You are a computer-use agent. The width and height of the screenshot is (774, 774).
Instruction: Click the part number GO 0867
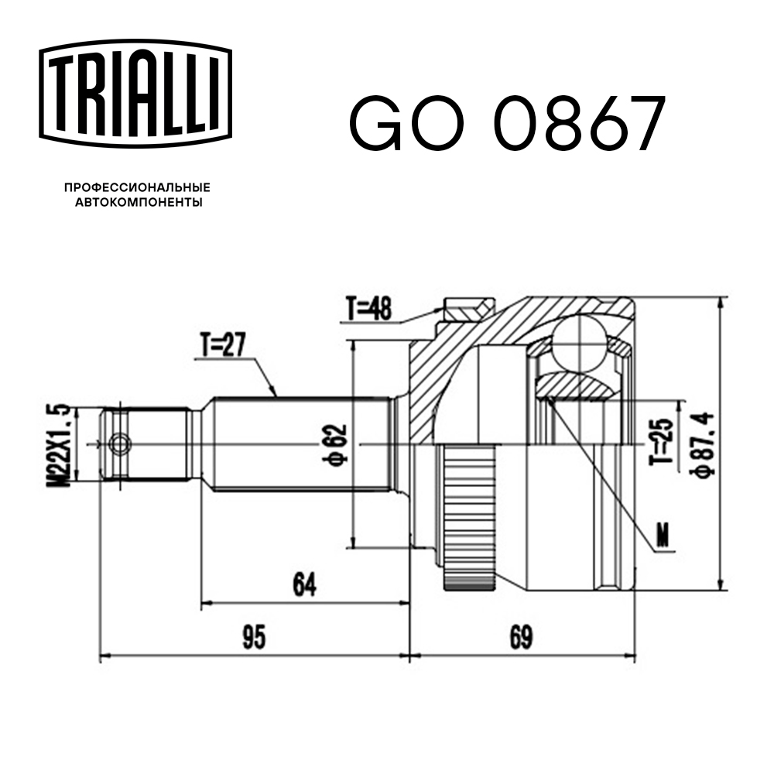pyautogui.click(x=507, y=124)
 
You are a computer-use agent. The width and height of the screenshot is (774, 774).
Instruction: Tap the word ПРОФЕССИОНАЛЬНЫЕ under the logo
pyautogui.click(x=137, y=187)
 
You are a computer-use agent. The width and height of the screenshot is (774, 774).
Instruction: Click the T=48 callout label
pyautogui.click(x=369, y=310)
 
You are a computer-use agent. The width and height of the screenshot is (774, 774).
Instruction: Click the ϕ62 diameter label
pyautogui.click(x=334, y=446)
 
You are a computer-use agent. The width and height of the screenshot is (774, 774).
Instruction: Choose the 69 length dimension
pyautogui.click(x=522, y=638)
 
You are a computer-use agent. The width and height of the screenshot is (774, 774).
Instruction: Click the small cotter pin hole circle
pyautogui.click(x=120, y=444)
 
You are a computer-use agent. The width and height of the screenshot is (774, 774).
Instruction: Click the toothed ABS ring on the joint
pyautogui.click(x=469, y=514)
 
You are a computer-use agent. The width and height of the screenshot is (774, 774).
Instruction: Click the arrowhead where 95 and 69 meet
pyautogui.click(x=409, y=656)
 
